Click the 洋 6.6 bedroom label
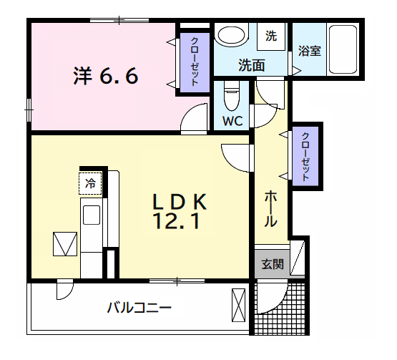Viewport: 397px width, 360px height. [x=106, y=76]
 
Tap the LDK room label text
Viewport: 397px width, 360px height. [x=180, y=202]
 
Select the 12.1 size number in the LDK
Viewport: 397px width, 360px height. [x=176, y=221]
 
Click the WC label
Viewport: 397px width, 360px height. [x=232, y=121]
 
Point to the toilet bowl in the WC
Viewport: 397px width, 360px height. [x=232, y=97]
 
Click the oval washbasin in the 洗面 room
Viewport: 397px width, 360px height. [x=232, y=35]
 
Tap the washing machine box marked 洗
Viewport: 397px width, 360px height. [x=271, y=37]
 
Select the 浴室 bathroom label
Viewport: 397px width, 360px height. [x=310, y=51]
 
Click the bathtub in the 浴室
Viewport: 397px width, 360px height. [x=343, y=49]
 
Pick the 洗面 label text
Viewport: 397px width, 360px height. [x=251, y=65]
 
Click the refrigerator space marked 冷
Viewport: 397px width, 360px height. [x=90, y=183]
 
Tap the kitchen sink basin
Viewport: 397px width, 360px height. [x=92, y=215]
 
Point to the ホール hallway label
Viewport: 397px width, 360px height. [x=270, y=209]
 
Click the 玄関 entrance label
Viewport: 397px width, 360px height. [x=273, y=264]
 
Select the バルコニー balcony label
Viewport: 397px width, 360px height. [x=139, y=308]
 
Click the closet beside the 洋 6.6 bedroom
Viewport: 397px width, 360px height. [x=195, y=62]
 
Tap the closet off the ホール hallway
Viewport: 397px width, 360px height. [x=305, y=156]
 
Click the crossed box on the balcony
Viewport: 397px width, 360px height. [x=238, y=306]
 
